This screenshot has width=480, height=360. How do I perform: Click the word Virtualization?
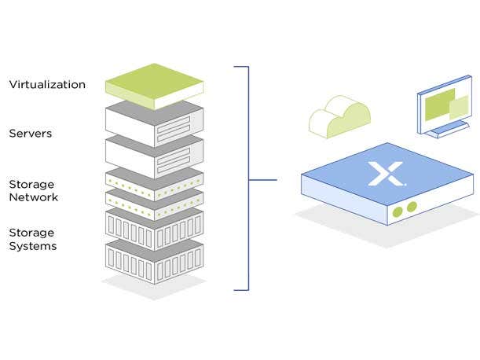click(47, 84)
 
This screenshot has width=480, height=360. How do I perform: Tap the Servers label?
click(31, 134)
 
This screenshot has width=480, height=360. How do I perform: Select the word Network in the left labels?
click(34, 197)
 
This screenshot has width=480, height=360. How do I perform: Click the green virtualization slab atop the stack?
click(154, 84)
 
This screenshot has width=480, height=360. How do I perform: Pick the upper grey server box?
click(154, 121)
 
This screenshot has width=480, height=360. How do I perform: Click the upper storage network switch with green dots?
click(154, 182)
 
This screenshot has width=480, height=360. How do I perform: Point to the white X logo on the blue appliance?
click(385, 173)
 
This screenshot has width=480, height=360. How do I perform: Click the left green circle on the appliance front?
click(398, 211)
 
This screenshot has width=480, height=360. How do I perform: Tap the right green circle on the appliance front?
click(410, 208)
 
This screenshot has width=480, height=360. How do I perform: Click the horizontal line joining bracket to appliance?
click(263, 180)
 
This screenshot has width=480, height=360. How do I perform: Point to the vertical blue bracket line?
click(249, 179)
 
